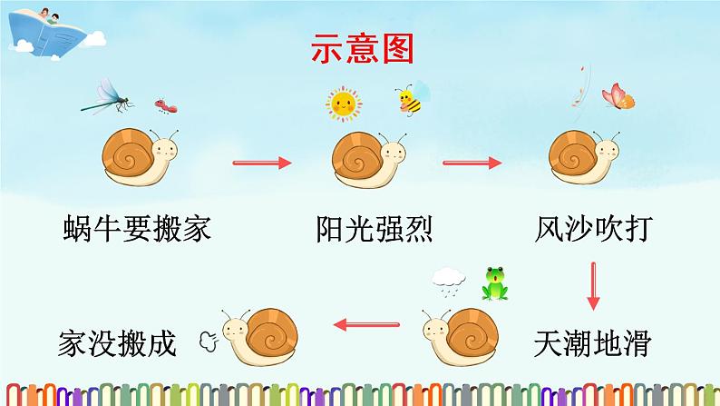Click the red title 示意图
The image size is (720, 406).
[362, 48]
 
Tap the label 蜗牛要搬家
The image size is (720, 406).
[138, 228]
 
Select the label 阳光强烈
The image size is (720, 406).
[375, 228]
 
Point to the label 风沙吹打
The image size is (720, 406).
[594, 228]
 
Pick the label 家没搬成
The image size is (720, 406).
[115, 343]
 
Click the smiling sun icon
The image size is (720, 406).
[344, 104]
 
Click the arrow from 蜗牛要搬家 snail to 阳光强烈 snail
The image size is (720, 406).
[263, 163]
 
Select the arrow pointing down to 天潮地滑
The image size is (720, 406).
[594, 285]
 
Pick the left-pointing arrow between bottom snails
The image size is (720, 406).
[367, 323]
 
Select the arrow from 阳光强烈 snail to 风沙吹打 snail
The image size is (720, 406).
[472, 163]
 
